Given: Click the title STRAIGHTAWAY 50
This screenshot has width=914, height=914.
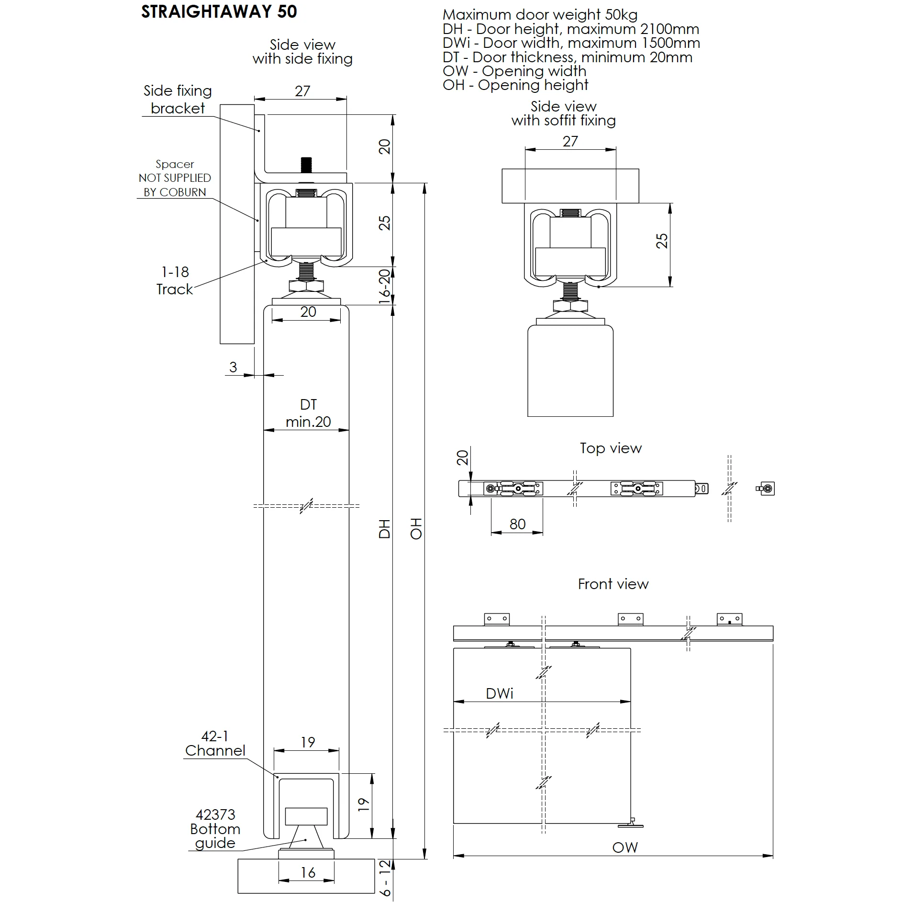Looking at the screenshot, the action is (x=219, y=11).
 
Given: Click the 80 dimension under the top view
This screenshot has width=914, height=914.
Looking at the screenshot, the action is (x=517, y=524).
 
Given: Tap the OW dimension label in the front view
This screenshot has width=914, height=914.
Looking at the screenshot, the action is (x=625, y=847).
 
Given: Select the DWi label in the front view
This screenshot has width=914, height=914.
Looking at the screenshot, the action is (x=499, y=693).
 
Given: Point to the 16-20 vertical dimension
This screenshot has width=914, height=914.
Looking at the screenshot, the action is (x=385, y=286).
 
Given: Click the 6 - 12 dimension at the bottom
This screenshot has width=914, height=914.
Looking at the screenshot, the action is (x=385, y=878).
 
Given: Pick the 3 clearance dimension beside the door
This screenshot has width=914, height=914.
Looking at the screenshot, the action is (x=233, y=367).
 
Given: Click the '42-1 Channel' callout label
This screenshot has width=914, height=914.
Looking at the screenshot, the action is (x=215, y=743).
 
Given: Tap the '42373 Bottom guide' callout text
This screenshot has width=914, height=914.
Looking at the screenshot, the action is (x=215, y=829).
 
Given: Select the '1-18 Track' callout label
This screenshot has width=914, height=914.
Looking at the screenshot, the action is (x=175, y=280).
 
